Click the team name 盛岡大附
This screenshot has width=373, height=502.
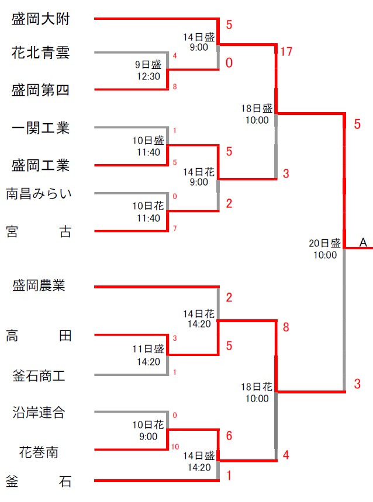point(40,19)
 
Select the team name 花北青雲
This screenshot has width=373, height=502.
point(40,54)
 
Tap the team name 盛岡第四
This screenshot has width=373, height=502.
point(40,90)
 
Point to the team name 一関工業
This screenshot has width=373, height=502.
point(40,127)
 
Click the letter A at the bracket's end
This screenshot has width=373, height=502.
point(363,243)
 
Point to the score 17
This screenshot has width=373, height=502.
point(286,52)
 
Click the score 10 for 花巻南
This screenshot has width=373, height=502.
point(175,447)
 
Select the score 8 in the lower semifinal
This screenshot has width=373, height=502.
point(286,327)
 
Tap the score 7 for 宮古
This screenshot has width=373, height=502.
point(175,228)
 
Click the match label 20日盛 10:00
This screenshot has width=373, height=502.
point(325,249)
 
